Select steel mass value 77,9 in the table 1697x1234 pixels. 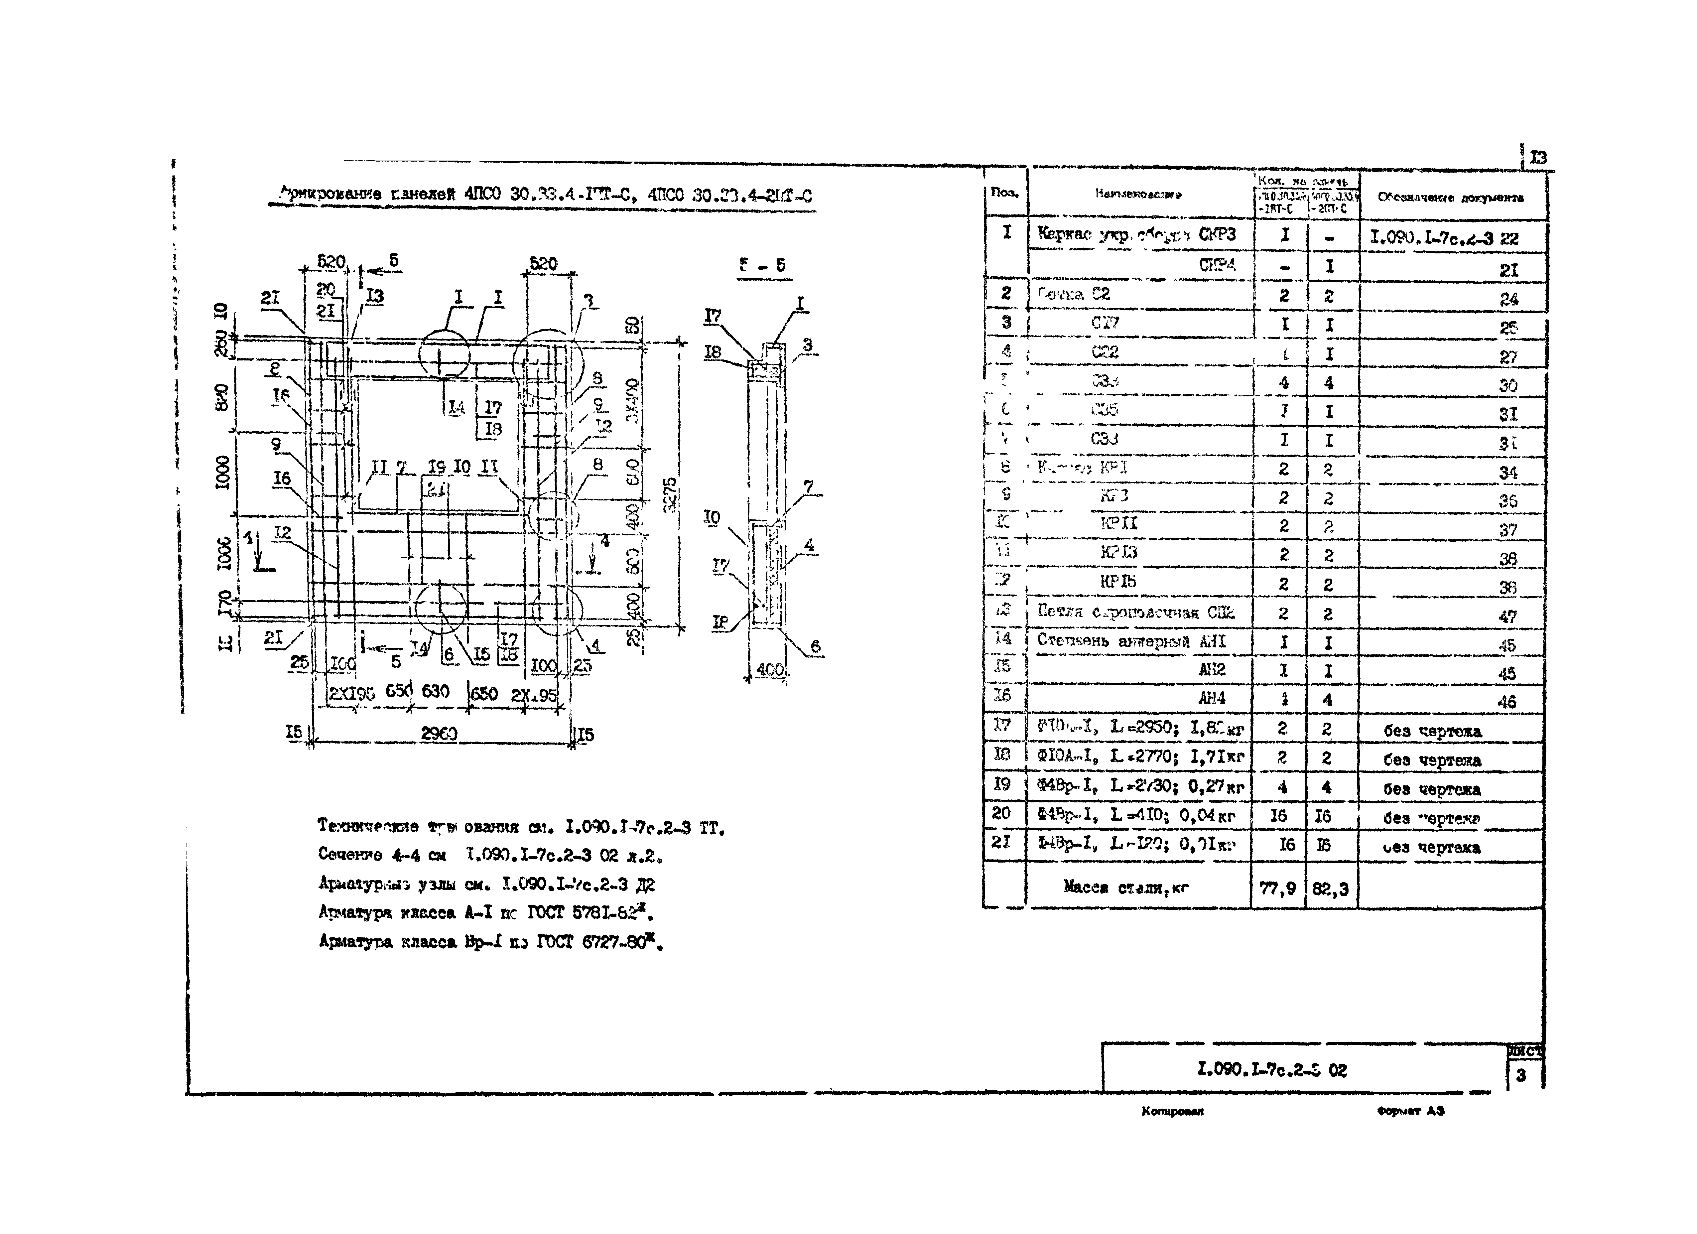[x=1278, y=888]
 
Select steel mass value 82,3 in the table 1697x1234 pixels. [x=1330, y=888]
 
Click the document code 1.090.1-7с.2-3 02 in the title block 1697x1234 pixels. [x=1272, y=1070]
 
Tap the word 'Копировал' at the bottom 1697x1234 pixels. [x=1172, y=1111]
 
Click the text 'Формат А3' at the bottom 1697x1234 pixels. [x=1410, y=1111]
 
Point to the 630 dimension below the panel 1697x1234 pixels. [x=436, y=691]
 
